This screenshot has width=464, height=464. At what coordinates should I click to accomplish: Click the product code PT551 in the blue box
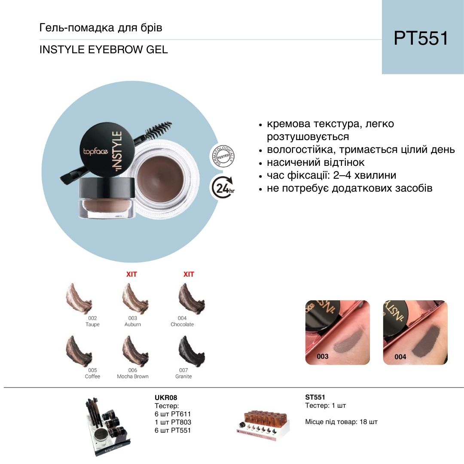point(421,38)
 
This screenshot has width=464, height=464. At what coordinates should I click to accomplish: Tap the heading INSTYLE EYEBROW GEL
point(104,49)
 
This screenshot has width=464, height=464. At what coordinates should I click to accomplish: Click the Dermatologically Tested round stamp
point(223,156)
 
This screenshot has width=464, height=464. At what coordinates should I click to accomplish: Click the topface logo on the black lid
point(95,152)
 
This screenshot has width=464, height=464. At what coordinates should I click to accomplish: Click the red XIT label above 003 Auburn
point(132,274)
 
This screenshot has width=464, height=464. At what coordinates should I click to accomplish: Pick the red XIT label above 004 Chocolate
point(189,274)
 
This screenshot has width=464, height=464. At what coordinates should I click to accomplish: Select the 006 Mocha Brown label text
point(133,373)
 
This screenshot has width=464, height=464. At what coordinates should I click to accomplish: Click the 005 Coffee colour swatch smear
point(79,351)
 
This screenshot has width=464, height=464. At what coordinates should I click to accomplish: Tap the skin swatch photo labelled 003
point(337,332)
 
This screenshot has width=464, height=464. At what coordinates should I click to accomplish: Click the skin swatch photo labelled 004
point(415,332)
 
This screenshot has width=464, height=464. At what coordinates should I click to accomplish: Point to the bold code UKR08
point(166,398)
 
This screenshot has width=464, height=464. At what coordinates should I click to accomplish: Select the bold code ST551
point(315,397)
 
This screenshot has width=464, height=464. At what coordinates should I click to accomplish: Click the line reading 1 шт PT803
point(173,422)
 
